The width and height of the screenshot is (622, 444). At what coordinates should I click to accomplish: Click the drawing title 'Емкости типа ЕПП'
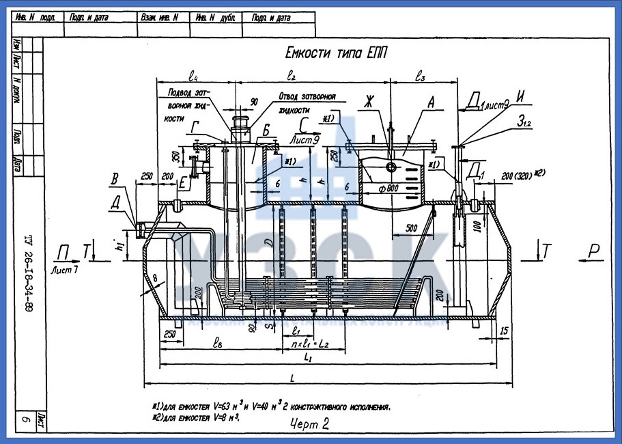335,55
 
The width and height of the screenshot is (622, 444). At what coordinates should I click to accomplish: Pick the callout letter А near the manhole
431,102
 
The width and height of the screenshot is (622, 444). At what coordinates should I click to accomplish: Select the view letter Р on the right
594,252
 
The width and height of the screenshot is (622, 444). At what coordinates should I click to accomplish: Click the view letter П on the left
63,253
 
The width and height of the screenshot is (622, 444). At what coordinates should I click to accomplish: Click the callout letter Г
196,126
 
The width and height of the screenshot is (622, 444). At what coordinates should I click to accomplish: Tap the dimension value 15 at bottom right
504,331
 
